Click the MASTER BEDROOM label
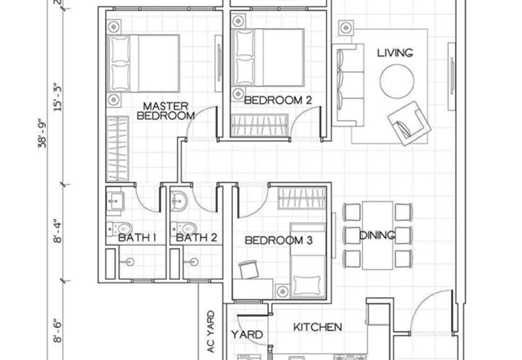click(x=166, y=111)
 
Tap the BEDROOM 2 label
click(x=278, y=100)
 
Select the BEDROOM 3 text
click(x=279, y=240)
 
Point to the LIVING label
click(x=395, y=53)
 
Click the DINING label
click(x=377, y=235)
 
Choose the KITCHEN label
click(x=318, y=327)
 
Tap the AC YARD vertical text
click(x=210, y=331)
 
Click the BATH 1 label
click(x=137, y=237)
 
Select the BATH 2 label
click(x=196, y=237)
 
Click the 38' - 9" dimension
click(x=42, y=133)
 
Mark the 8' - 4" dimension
click(x=57, y=231)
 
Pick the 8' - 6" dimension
click(x=57, y=331)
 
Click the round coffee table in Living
click(x=397, y=82)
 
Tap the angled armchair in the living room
click(x=409, y=123)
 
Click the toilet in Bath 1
click(x=120, y=228)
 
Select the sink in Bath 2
click(x=179, y=201)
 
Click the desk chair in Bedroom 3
click(x=249, y=269)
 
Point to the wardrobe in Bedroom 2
click(x=259, y=125)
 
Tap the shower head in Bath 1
click(x=129, y=262)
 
